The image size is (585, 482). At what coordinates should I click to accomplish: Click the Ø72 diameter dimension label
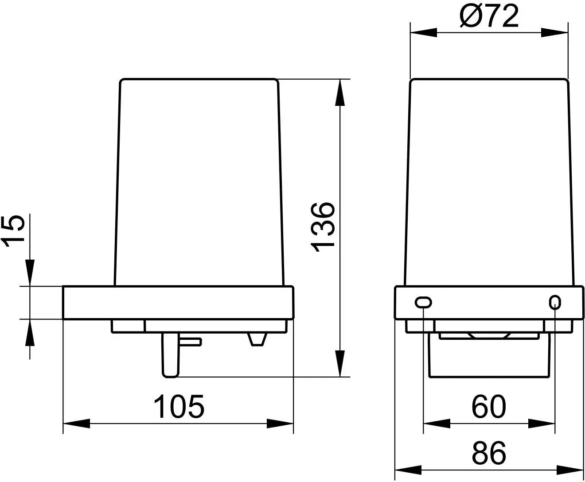point(489,17)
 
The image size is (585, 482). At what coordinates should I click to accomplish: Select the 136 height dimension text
point(323,227)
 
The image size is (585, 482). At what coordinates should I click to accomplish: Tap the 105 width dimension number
point(179,406)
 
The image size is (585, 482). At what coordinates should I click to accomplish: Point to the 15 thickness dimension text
point(13,231)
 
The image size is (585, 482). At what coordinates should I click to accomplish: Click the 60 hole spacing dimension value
point(489,406)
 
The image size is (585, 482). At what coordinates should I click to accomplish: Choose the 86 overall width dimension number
point(489,453)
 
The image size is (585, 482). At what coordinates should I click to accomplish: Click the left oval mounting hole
point(423,303)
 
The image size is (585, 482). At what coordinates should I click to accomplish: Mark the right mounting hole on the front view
point(555,303)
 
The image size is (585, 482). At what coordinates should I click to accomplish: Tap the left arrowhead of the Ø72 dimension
point(424,32)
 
